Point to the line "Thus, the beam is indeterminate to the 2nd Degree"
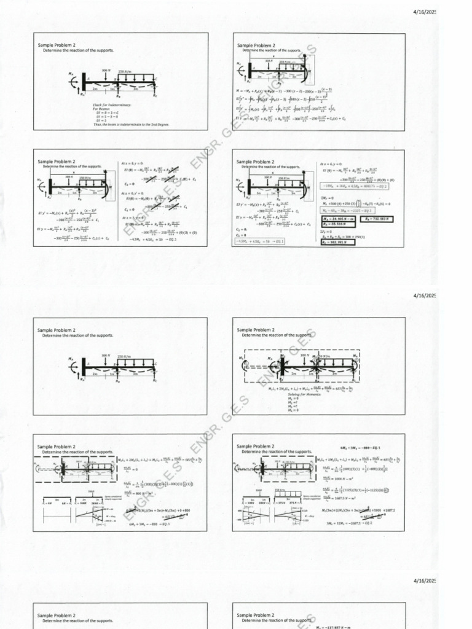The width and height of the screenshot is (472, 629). (131, 124)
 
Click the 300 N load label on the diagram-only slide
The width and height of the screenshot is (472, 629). (106, 355)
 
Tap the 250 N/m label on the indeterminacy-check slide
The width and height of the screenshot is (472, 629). (125, 71)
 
